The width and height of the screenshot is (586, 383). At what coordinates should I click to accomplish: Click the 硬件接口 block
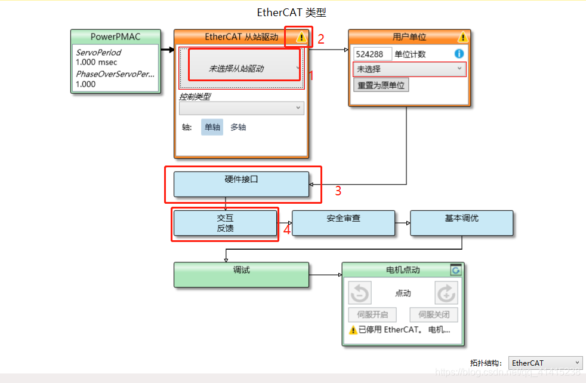pyautogui.click(x=241, y=184)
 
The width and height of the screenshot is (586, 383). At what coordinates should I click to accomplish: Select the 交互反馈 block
pyautogui.click(x=225, y=223)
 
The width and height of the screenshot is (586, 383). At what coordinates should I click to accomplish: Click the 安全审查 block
pyautogui.click(x=343, y=223)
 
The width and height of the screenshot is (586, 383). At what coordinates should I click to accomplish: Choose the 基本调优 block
pyautogui.click(x=461, y=223)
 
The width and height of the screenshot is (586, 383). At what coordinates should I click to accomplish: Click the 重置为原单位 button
pyautogui.click(x=381, y=85)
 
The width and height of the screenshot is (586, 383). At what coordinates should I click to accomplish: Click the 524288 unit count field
pyautogui.click(x=372, y=54)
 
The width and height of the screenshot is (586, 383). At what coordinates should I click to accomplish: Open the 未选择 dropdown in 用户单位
pyautogui.click(x=409, y=69)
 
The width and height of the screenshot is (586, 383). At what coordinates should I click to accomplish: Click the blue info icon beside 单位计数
pyautogui.click(x=459, y=54)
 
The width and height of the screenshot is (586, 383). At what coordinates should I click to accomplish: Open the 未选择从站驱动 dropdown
pyautogui.click(x=244, y=69)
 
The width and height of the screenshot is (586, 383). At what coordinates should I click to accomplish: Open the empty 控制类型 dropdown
pyautogui.click(x=241, y=108)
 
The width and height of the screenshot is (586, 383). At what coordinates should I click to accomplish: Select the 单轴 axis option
pyautogui.click(x=212, y=127)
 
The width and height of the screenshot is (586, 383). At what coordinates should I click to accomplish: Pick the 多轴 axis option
pyautogui.click(x=238, y=127)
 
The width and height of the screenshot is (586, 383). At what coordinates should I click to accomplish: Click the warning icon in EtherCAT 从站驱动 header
pyautogui.click(x=301, y=37)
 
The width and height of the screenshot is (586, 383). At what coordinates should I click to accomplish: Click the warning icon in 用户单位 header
pyautogui.click(x=463, y=37)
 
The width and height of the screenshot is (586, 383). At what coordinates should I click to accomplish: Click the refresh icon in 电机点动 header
pyautogui.click(x=456, y=270)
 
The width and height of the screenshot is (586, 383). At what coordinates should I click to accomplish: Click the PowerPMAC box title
pyautogui.click(x=116, y=37)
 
